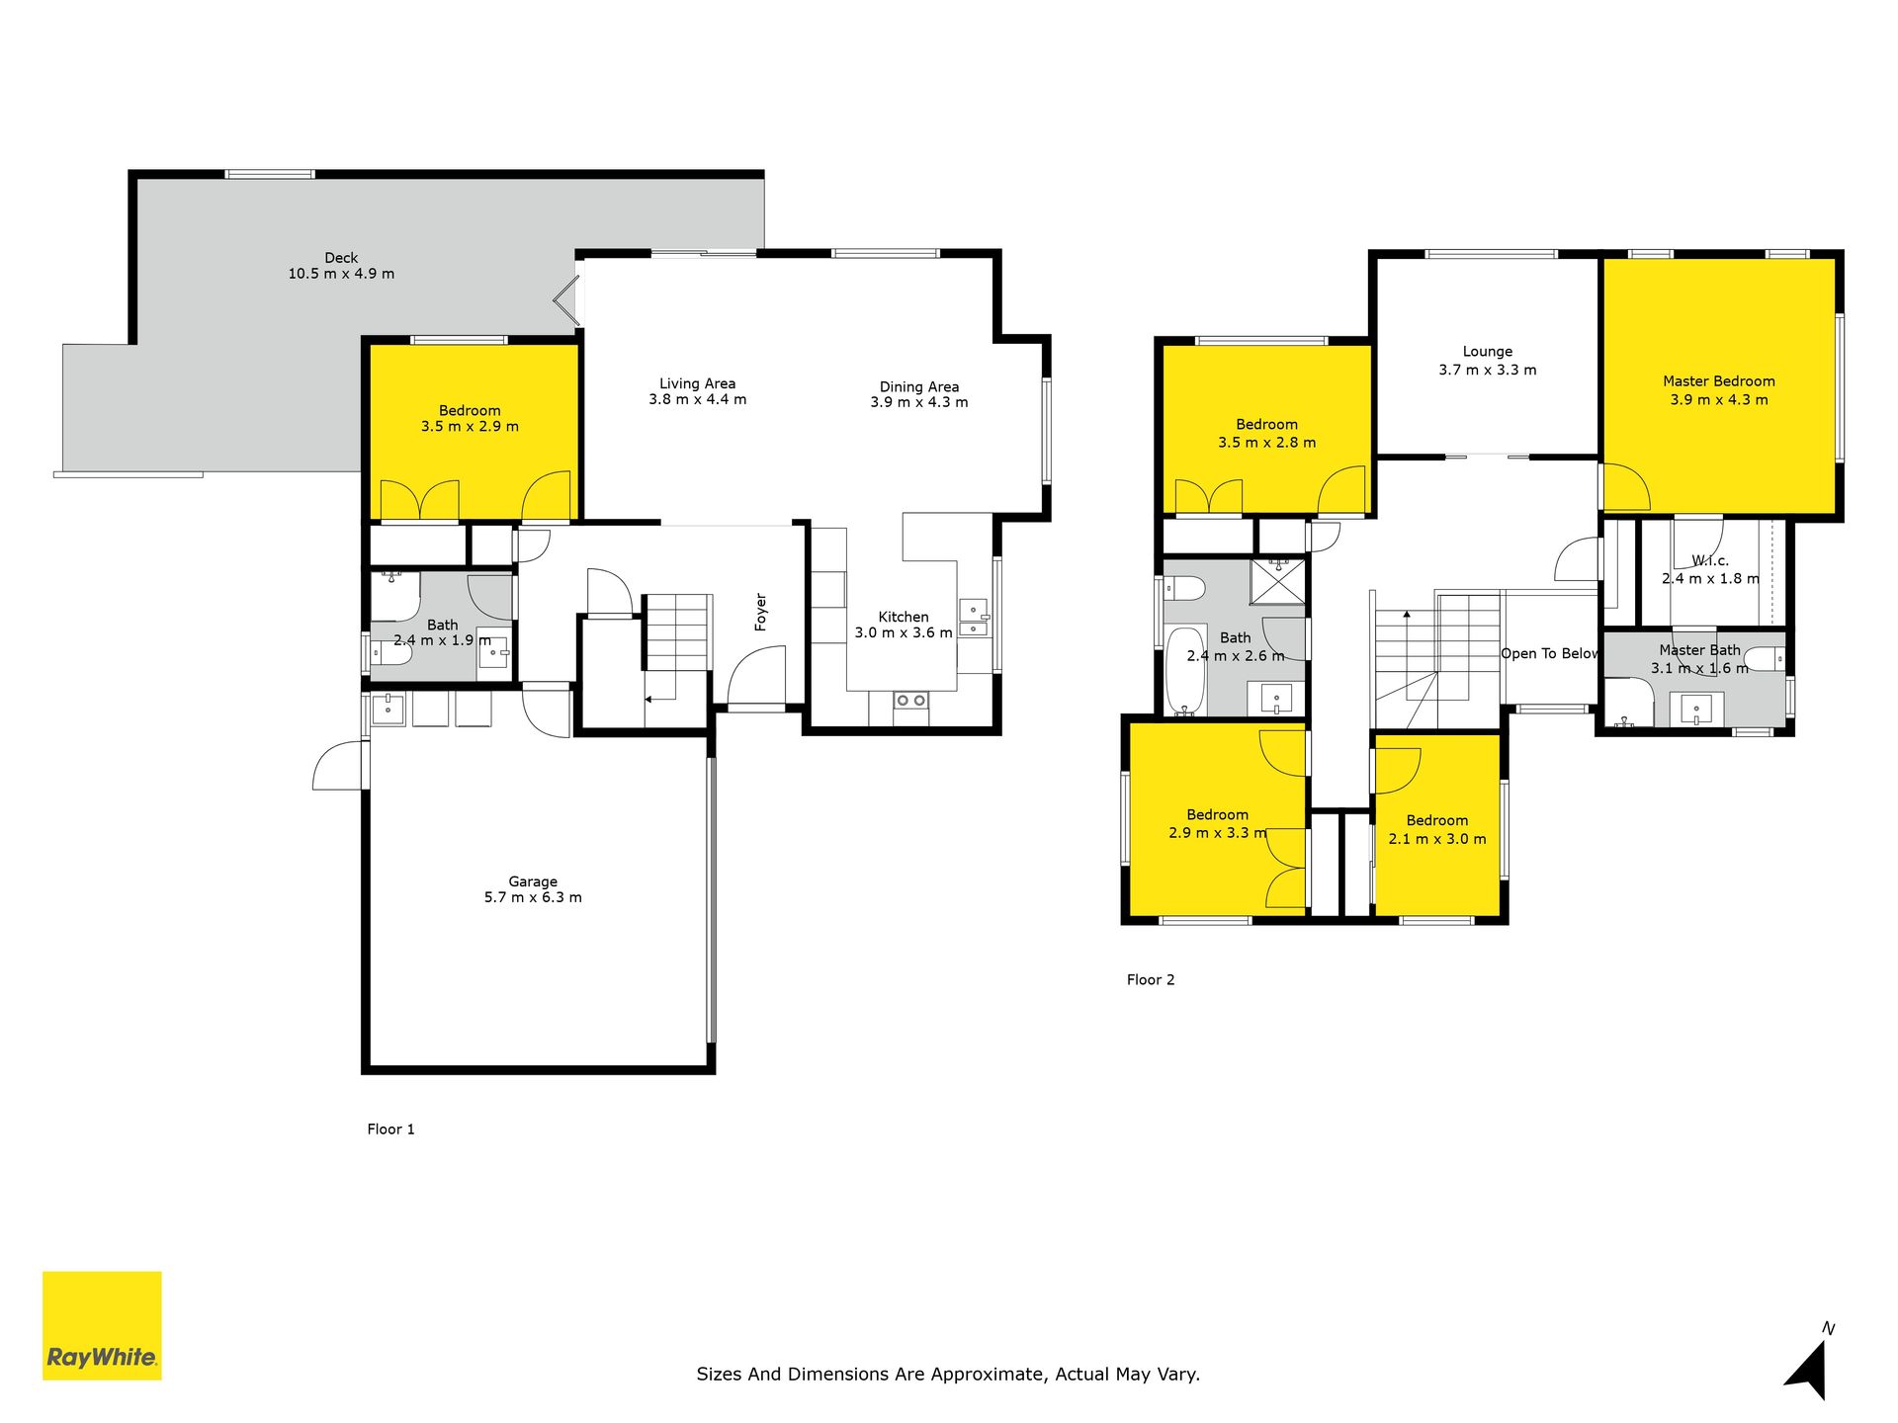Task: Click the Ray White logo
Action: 102,1325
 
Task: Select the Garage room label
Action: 533,881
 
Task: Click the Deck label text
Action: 341,258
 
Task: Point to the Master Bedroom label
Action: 1719,381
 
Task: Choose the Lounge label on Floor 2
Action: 1488,352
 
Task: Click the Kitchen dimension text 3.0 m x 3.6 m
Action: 904,632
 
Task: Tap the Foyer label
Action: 760,612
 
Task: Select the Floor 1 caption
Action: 390,1129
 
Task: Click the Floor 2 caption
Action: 1151,979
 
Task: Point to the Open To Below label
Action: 1549,653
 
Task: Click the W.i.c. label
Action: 1710,560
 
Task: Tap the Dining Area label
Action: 919,386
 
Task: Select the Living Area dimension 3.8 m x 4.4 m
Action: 698,399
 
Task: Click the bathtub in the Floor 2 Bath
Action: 1186,670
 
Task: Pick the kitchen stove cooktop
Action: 910,701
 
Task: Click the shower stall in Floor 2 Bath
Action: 1278,581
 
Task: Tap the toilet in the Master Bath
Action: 1765,658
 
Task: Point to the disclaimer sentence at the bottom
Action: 948,1374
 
